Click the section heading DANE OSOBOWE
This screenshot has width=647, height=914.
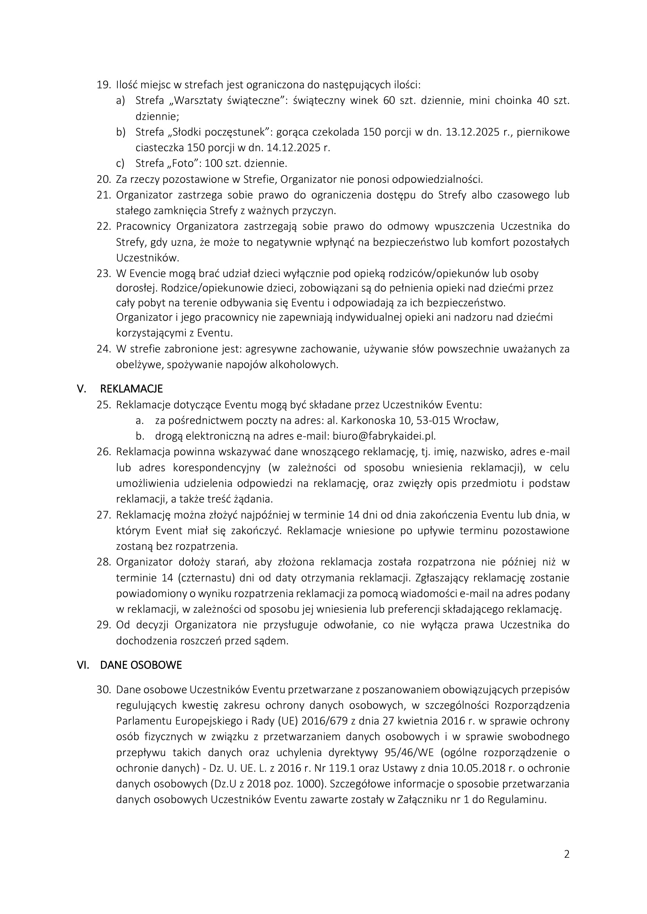[x=141, y=665]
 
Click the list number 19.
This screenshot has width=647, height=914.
[x=104, y=85]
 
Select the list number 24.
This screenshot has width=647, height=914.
[x=104, y=349]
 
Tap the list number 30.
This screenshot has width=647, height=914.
[x=104, y=690]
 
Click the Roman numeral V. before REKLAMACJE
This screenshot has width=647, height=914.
[x=82, y=388]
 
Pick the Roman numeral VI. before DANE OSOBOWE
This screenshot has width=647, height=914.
[x=83, y=665]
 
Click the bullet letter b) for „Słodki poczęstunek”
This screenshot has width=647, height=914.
[x=121, y=132]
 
